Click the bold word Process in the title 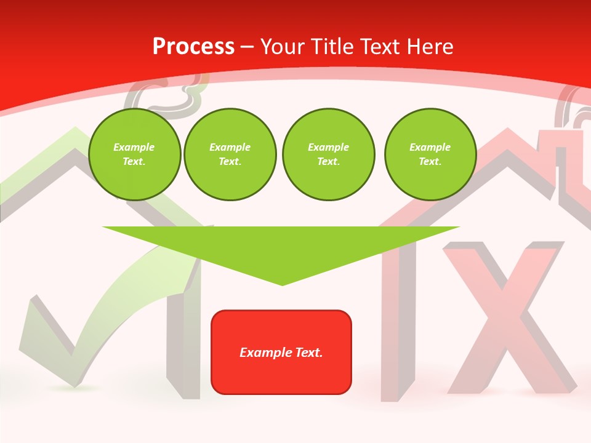(193, 47)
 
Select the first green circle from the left (134, 154)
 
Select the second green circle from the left (230, 154)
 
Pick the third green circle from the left (328, 154)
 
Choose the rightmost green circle (430, 154)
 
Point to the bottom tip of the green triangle (282, 284)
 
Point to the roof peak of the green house (75, 130)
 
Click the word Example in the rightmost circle (430, 147)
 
